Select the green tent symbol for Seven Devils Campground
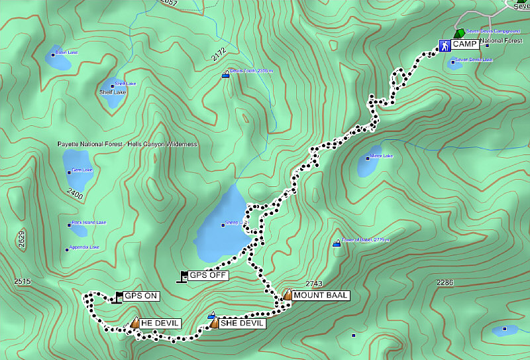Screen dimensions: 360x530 tap(458, 33)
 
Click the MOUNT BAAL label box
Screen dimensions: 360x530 tap(321, 296)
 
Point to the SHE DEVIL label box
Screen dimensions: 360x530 tap(243, 324)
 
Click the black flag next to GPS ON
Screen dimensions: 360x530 tap(119, 296)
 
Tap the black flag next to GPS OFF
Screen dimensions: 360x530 tap(183, 276)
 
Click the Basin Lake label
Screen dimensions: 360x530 tap(66, 52)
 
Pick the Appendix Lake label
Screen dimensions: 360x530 tap(85, 247)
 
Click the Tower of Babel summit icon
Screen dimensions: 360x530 tap(337, 243)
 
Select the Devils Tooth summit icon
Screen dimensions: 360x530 tap(226, 74)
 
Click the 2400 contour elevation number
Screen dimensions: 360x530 tap(75, 195)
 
